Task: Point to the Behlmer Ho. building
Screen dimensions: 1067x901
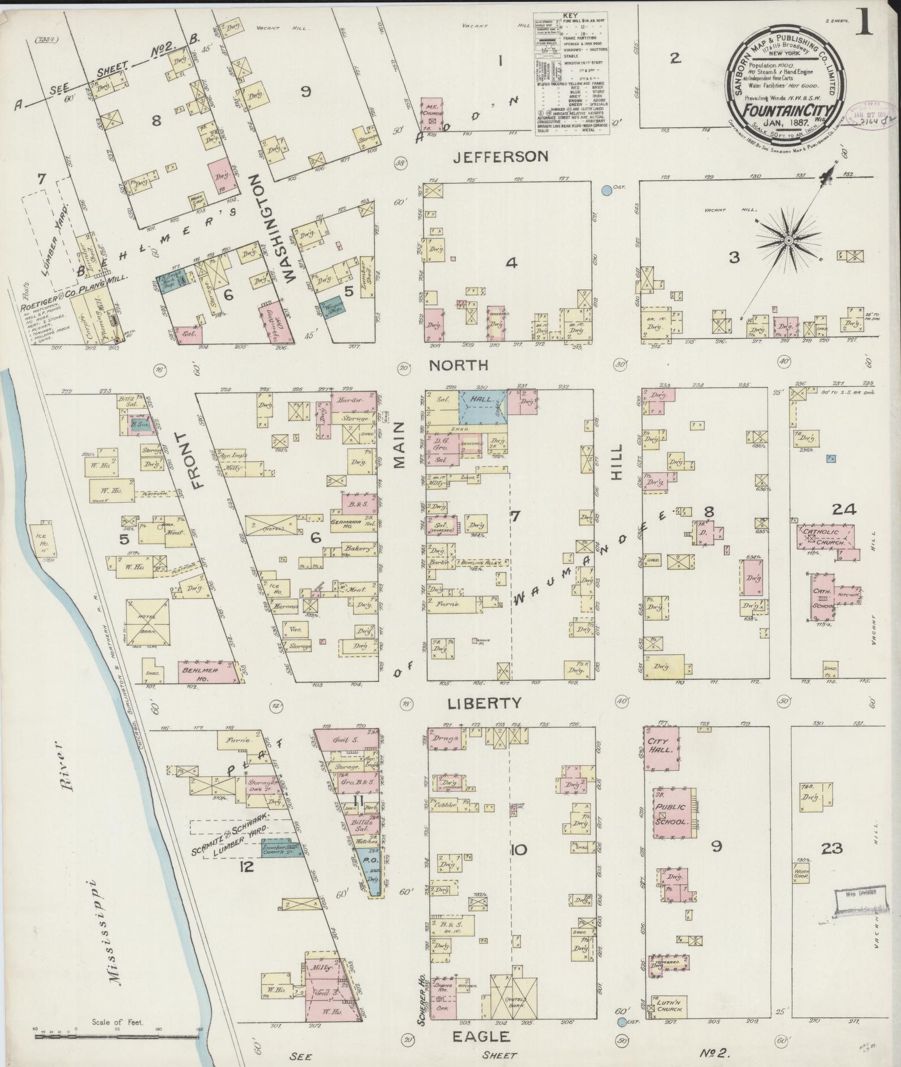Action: (199, 672)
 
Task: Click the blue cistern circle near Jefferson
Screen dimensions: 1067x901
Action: (607, 191)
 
